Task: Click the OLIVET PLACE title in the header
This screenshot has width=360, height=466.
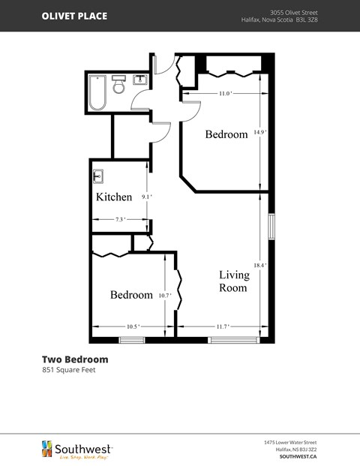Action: pyautogui.click(x=74, y=16)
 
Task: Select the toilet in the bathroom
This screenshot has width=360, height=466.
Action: pyautogui.click(x=118, y=86)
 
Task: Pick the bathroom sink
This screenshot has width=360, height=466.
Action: pyautogui.click(x=139, y=80)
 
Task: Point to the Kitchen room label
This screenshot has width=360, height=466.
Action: pyautogui.click(x=114, y=197)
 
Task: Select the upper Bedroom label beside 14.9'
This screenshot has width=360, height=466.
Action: pyautogui.click(x=226, y=134)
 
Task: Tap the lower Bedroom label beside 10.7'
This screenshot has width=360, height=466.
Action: pyautogui.click(x=131, y=295)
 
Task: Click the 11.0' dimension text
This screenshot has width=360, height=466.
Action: pyautogui.click(x=225, y=93)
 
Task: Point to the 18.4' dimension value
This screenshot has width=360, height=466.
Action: pyautogui.click(x=259, y=265)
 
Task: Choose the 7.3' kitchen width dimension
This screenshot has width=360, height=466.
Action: pyautogui.click(x=120, y=219)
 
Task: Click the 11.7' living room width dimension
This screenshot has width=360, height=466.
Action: pyautogui.click(x=222, y=326)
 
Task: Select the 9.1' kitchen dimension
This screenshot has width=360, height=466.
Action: pyautogui.click(x=147, y=197)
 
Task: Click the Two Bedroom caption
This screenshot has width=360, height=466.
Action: pyautogui.click(x=74, y=359)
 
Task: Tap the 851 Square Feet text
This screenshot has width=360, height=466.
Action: pyautogui.click(x=68, y=369)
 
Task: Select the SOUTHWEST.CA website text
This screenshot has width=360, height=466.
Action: pyautogui.click(x=298, y=455)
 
